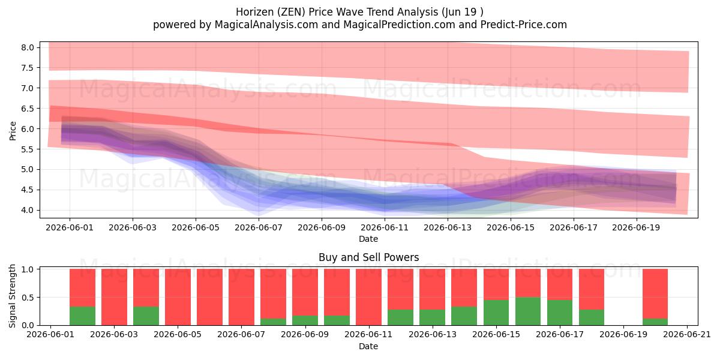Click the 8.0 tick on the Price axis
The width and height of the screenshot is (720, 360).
[28, 47]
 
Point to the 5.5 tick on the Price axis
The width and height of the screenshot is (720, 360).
[28, 149]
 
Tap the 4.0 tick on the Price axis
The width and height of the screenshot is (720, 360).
[28, 210]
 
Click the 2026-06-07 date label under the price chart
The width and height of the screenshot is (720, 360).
[259, 227]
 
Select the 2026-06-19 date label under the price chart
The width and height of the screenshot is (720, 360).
[636, 227]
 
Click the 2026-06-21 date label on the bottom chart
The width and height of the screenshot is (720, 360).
[687, 335]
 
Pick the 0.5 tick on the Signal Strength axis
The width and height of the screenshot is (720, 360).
[28, 298]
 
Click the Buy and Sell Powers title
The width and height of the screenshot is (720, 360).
[368, 257]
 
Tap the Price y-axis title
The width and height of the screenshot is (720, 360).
[13, 131]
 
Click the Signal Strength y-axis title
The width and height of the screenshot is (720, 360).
[12, 296]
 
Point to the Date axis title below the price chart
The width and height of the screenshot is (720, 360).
[368, 239]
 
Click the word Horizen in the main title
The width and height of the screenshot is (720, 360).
[254, 12]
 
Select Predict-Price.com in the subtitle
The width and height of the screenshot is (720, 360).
[524, 25]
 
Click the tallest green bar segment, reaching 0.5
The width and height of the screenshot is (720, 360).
[528, 311]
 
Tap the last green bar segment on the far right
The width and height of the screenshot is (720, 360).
[655, 322]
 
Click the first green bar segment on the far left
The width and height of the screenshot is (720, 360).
[82, 316]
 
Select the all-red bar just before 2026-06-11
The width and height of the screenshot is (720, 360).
[368, 297]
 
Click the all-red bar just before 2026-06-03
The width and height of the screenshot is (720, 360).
[114, 297]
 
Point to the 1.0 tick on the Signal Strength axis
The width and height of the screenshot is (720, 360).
[28, 269]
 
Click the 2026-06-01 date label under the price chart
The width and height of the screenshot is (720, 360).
[70, 227]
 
